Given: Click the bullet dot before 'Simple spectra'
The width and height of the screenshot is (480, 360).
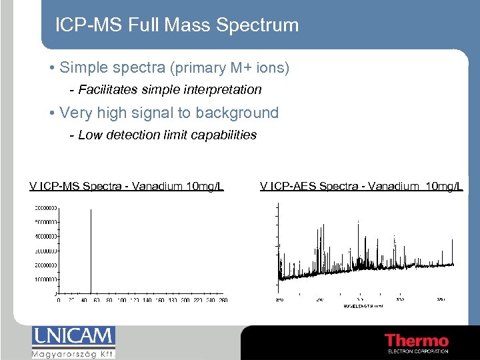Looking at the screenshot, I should [x=52, y=69].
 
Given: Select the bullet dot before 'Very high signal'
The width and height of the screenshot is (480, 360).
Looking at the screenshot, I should [x=52, y=113].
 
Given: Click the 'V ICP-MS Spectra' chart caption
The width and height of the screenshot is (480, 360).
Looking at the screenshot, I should [x=126, y=186].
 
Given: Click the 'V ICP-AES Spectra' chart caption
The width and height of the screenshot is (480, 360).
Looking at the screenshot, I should [x=361, y=186].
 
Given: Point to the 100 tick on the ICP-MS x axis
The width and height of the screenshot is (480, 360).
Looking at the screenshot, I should [x=121, y=301].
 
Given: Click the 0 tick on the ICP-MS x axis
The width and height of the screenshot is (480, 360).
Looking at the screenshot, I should [x=59, y=301].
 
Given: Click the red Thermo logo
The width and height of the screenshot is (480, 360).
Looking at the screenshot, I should [x=417, y=341].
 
